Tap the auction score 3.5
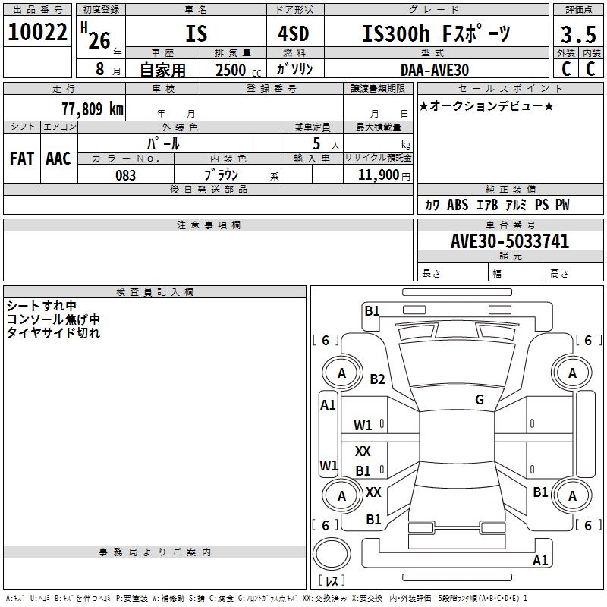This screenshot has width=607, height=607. (x=578, y=35)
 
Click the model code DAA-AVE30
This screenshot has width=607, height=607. (x=435, y=70)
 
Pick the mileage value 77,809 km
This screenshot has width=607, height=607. (x=92, y=109)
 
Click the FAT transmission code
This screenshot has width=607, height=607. (x=21, y=159)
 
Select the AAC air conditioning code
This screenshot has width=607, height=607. (x=58, y=159)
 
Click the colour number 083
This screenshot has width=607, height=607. (x=126, y=175)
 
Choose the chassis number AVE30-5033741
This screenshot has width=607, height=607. (x=510, y=241)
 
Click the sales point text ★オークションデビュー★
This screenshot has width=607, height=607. (x=486, y=106)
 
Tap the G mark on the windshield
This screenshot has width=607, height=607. (x=480, y=399)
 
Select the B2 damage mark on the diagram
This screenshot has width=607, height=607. (x=378, y=379)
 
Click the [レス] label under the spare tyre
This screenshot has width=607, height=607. (x=331, y=581)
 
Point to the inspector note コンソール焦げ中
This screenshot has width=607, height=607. (x=53, y=319)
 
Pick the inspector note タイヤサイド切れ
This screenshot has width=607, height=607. (x=53, y=332)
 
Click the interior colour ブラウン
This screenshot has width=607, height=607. (x=222, y=175)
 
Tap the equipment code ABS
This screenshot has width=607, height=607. (x=458, y=206)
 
